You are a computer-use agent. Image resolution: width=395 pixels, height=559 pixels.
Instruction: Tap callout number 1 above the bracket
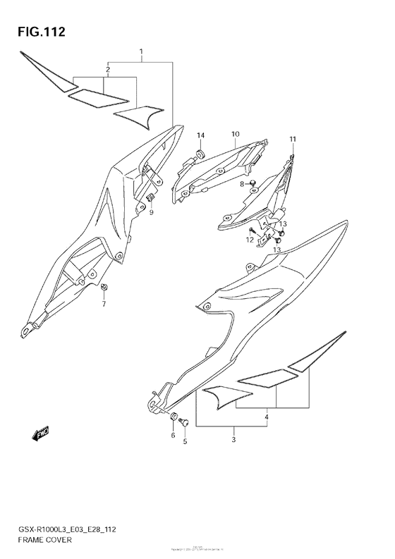tap(141, 52)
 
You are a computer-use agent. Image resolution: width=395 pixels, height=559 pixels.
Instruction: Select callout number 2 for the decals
tap(107, 69)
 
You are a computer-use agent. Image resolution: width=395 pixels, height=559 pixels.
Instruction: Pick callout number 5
tap(186, 443)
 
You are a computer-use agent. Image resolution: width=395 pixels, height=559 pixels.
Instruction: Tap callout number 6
tap(172, 436)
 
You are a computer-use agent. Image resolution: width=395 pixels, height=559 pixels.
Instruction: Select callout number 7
tap(104, 305)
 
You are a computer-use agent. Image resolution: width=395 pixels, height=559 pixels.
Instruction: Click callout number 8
tap(241, 184)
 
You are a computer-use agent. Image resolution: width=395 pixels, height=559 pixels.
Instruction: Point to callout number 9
tap(150, 212)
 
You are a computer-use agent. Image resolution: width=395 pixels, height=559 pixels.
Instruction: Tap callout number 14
tap(200, 135)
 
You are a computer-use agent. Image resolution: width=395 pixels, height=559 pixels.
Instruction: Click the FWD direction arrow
tap(40, 432)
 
